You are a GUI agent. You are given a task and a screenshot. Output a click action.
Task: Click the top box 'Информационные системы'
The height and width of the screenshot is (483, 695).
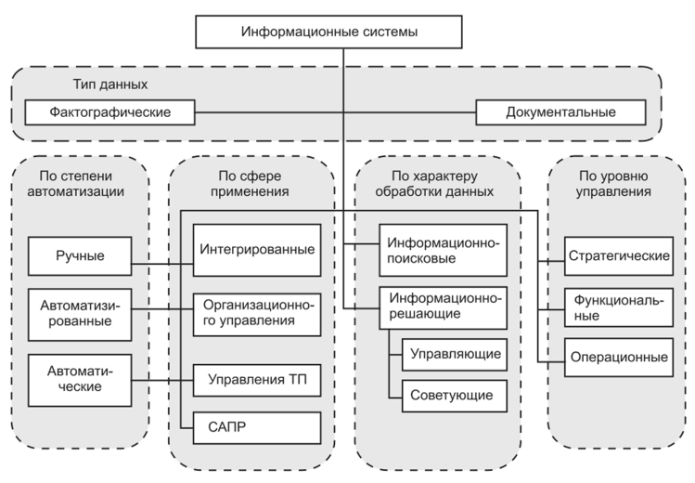343,32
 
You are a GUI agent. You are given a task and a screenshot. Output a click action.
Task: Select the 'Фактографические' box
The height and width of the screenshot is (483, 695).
109,113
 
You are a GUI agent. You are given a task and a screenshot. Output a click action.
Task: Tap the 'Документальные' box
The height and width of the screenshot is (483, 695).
560,113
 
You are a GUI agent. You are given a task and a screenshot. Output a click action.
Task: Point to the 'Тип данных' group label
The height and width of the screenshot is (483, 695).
110,85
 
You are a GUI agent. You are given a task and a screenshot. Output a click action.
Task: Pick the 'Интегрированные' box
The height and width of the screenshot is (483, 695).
257,250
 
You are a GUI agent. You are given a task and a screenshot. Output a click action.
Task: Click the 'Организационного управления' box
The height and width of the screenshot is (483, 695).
257,311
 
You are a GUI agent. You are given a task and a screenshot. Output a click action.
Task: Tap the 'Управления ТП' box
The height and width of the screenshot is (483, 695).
257,379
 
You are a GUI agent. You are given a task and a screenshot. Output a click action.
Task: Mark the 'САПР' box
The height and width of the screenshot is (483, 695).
257,427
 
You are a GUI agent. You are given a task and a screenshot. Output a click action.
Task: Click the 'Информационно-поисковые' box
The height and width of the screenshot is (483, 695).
444,250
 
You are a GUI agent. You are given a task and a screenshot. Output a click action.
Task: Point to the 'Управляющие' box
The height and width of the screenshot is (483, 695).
455,354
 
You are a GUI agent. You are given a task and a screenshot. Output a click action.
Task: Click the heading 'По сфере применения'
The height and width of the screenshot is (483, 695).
256,183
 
